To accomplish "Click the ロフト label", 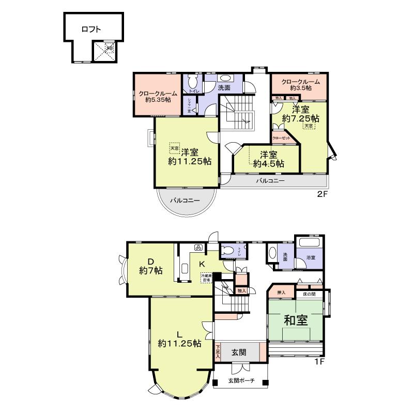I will pyautogui.click(x=91, y=29).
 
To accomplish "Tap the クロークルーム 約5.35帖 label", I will pyautogui.click(x=158, y=97).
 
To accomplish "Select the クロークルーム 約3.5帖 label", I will pyautogui.click(x=300, y=85).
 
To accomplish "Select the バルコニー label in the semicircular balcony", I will pyautogui.click(x=183, y=200).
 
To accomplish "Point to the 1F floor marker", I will pyautogui.click(x=319, y=362).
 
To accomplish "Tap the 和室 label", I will pyautogui.click(x=296, y=320).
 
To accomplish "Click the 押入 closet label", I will pyautogui.click(x=281, y=293).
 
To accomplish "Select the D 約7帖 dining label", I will pyautogui.click(x=151, y=266).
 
